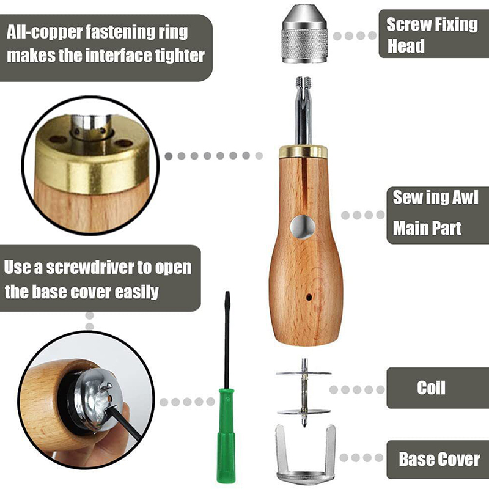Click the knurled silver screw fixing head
304,34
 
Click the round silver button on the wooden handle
303,227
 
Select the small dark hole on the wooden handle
309,296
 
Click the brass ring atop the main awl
303,151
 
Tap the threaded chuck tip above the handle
303,82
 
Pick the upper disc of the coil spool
303,373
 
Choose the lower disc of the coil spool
304,411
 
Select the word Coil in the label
432,388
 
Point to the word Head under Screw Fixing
406,46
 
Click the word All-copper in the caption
45,32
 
